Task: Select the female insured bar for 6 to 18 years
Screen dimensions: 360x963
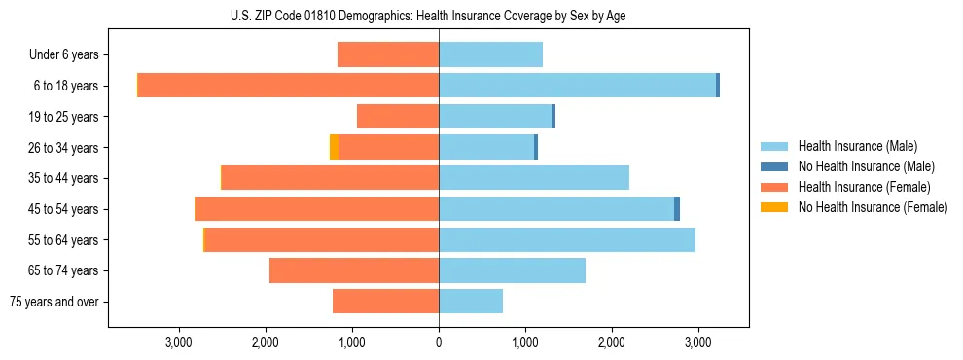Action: coord(288,86)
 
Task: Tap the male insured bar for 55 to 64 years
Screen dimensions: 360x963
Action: coord(567,239)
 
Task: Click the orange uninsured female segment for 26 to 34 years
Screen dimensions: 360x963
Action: coord(334,147)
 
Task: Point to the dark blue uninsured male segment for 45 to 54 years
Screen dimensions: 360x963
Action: coord(677,209)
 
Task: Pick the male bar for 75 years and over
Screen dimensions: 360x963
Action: coord(471,302)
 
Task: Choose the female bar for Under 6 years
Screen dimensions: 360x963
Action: coord(388,54)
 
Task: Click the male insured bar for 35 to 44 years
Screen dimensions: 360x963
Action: coord(534,178)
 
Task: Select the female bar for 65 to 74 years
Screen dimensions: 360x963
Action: coord(354,270)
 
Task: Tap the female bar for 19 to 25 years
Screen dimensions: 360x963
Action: coord(398,117)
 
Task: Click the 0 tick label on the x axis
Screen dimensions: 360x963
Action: coord(439,342)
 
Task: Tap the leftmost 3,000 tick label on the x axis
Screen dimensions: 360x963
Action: coord(179,342)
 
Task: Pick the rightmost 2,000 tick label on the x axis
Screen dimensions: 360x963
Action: coord(611,342)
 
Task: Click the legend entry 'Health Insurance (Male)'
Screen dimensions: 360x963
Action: coord(857,146)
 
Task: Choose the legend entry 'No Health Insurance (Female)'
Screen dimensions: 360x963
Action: coord(873,207)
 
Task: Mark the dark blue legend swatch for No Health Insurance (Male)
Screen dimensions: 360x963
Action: coord(774,166)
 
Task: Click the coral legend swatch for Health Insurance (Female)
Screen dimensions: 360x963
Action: coord(774,187)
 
